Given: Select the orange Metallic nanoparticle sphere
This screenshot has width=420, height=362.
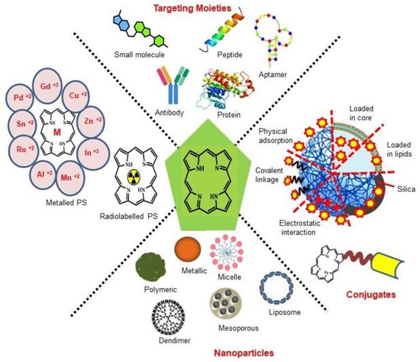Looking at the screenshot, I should click(188, 251).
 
